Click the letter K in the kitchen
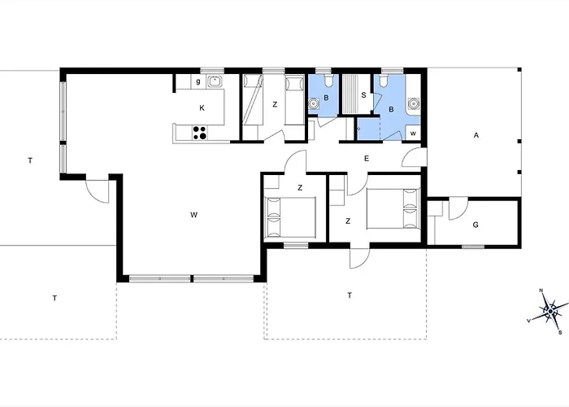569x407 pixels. click(x=202, y=108)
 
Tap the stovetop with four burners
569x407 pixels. click(x=200, y=133)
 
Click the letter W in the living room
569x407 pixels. click(x=193, y=215)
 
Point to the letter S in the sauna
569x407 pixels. click(x=363, y=95)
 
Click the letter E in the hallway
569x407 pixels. click(x=367, y=159)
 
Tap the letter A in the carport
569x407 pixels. click(x=476, y=135)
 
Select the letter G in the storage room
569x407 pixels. click(x=476, y=225)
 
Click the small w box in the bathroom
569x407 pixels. click(x=413, y=133)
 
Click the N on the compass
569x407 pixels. click(x=541, y=291)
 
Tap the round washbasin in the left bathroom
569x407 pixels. click(x=313, y=104)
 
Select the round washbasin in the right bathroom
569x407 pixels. click(x=413, y=103)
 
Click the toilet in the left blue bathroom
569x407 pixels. click(x=329, y=81)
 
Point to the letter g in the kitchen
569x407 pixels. click(x=198, y=81)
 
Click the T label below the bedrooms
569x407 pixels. click(x=350, y=295)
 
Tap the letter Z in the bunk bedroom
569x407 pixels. click(x=275, y=105)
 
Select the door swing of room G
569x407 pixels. click(x=458, y=209)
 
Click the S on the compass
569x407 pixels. click(x=560, y=332)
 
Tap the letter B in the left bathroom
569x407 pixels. click(x=326, y=98)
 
